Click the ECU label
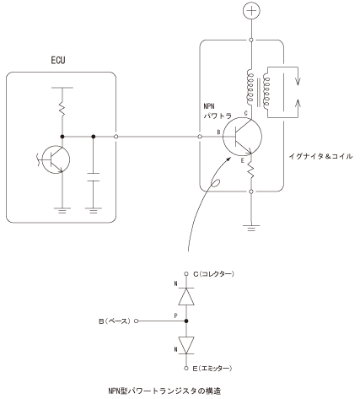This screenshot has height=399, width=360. click(58, 60)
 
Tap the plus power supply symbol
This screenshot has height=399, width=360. click(251, 11)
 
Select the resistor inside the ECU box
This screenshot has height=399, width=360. click(62, 109)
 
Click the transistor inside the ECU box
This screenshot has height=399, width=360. click(56, 159)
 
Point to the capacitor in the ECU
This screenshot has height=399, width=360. click(94, 177)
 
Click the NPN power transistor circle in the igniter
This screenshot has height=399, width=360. click(242, 137)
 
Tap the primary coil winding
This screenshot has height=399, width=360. click(250, 88)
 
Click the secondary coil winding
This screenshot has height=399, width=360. click(266, 89)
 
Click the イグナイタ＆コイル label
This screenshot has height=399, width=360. click(320, 156)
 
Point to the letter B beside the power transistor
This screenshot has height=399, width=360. click(218, 132)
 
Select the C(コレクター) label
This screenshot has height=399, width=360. click(213, 274)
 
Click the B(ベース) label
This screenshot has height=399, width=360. click(115, 321)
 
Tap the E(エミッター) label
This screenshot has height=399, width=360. click(212, 369)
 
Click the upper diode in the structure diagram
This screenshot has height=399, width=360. click(186, 296)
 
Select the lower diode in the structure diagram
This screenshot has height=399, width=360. click(186, 345)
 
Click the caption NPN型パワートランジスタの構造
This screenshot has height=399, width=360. click(164, 391)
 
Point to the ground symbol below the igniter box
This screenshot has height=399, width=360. click(251, 228)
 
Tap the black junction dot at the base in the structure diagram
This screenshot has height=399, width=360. click(186, 321)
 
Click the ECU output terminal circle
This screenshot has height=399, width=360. click(116, 137)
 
